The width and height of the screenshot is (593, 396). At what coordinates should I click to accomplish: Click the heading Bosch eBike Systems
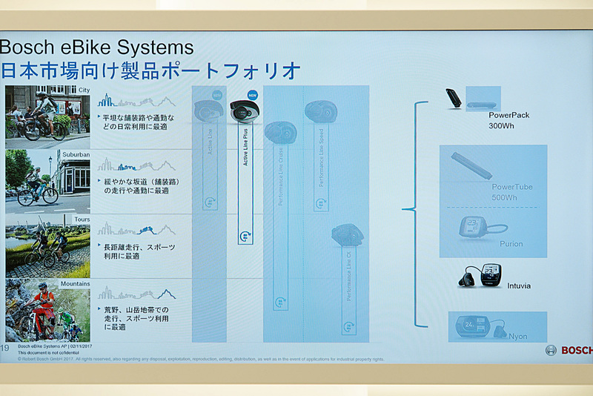[96, 48]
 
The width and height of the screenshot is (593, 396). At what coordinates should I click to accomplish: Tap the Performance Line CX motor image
[347, 236]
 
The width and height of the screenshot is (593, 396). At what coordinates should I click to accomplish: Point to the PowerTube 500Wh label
[512, 192]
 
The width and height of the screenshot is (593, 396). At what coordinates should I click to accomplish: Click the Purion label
[511, 244]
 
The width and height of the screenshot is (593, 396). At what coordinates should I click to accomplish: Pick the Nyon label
[517, 337]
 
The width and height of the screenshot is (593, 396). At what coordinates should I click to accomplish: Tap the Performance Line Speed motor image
[321, 113]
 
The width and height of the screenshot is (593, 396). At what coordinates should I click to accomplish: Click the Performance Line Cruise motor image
[281, 133]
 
